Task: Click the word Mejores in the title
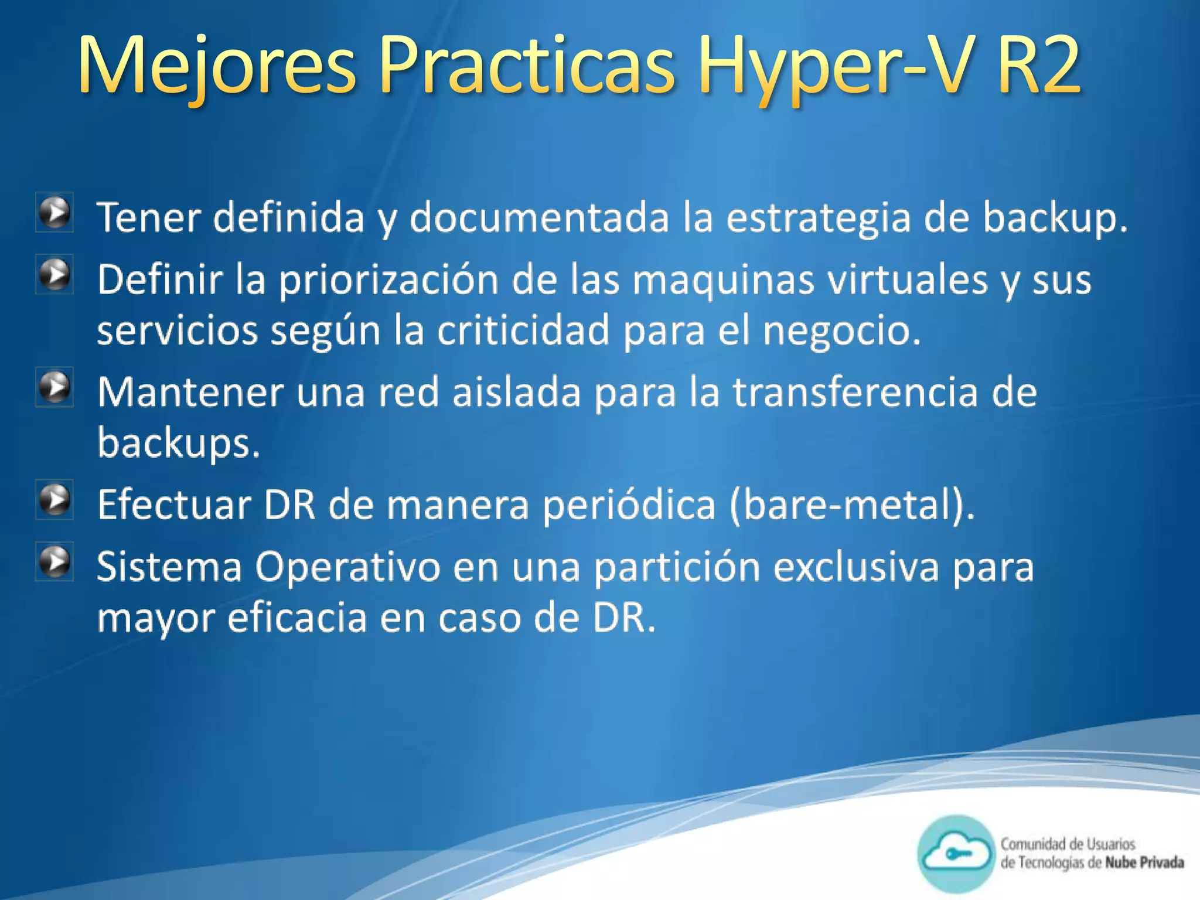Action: click(x=217, y=66)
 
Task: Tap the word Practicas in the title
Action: click(x=527, y=66)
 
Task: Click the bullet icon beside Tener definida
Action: click(x=55, y=213)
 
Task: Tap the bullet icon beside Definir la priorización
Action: click(x=55, y=274)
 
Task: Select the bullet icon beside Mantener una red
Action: click(x=55, y=387)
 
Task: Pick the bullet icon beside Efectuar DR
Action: click(x=55, y=500)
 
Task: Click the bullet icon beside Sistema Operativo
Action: click(x=55, y=561)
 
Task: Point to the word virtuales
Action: click(x=907, y=279)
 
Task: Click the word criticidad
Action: click(x=523, y=330)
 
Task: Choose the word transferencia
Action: click(x=855, y=392)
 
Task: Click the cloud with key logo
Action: click(x=956, y=854)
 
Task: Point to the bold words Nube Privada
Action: click(x=1144, y=862)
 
